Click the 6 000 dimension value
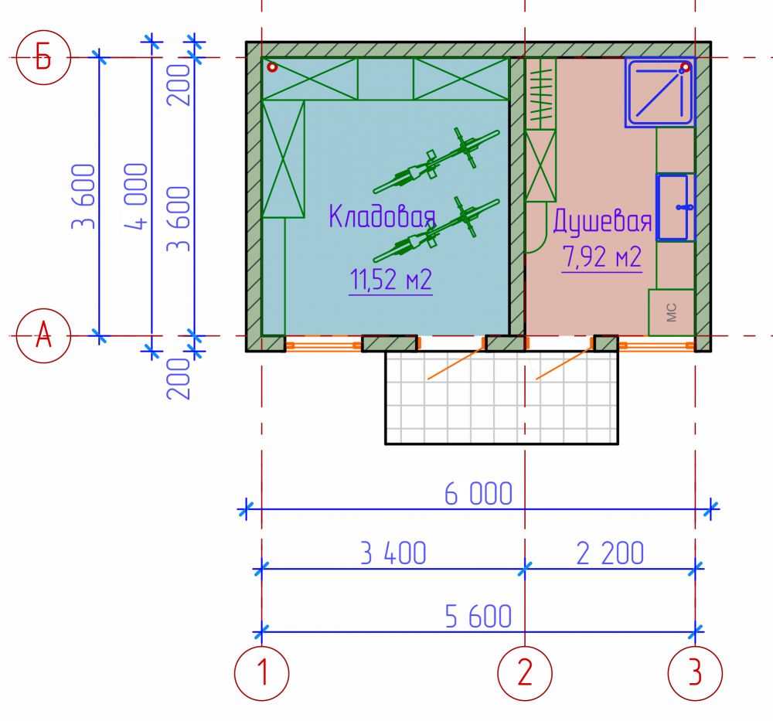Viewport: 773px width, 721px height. click(478, 494)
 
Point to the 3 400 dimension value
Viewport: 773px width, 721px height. click(393, 553)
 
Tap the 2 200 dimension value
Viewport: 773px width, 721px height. click(610, 553)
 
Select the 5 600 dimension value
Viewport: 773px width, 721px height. click(478, 616)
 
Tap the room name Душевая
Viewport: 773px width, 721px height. click(602, 221)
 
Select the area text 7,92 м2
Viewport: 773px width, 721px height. click(602, 257)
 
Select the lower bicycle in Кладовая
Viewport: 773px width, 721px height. click(437, 230)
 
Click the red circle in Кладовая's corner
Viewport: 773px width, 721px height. click(271, 67)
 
